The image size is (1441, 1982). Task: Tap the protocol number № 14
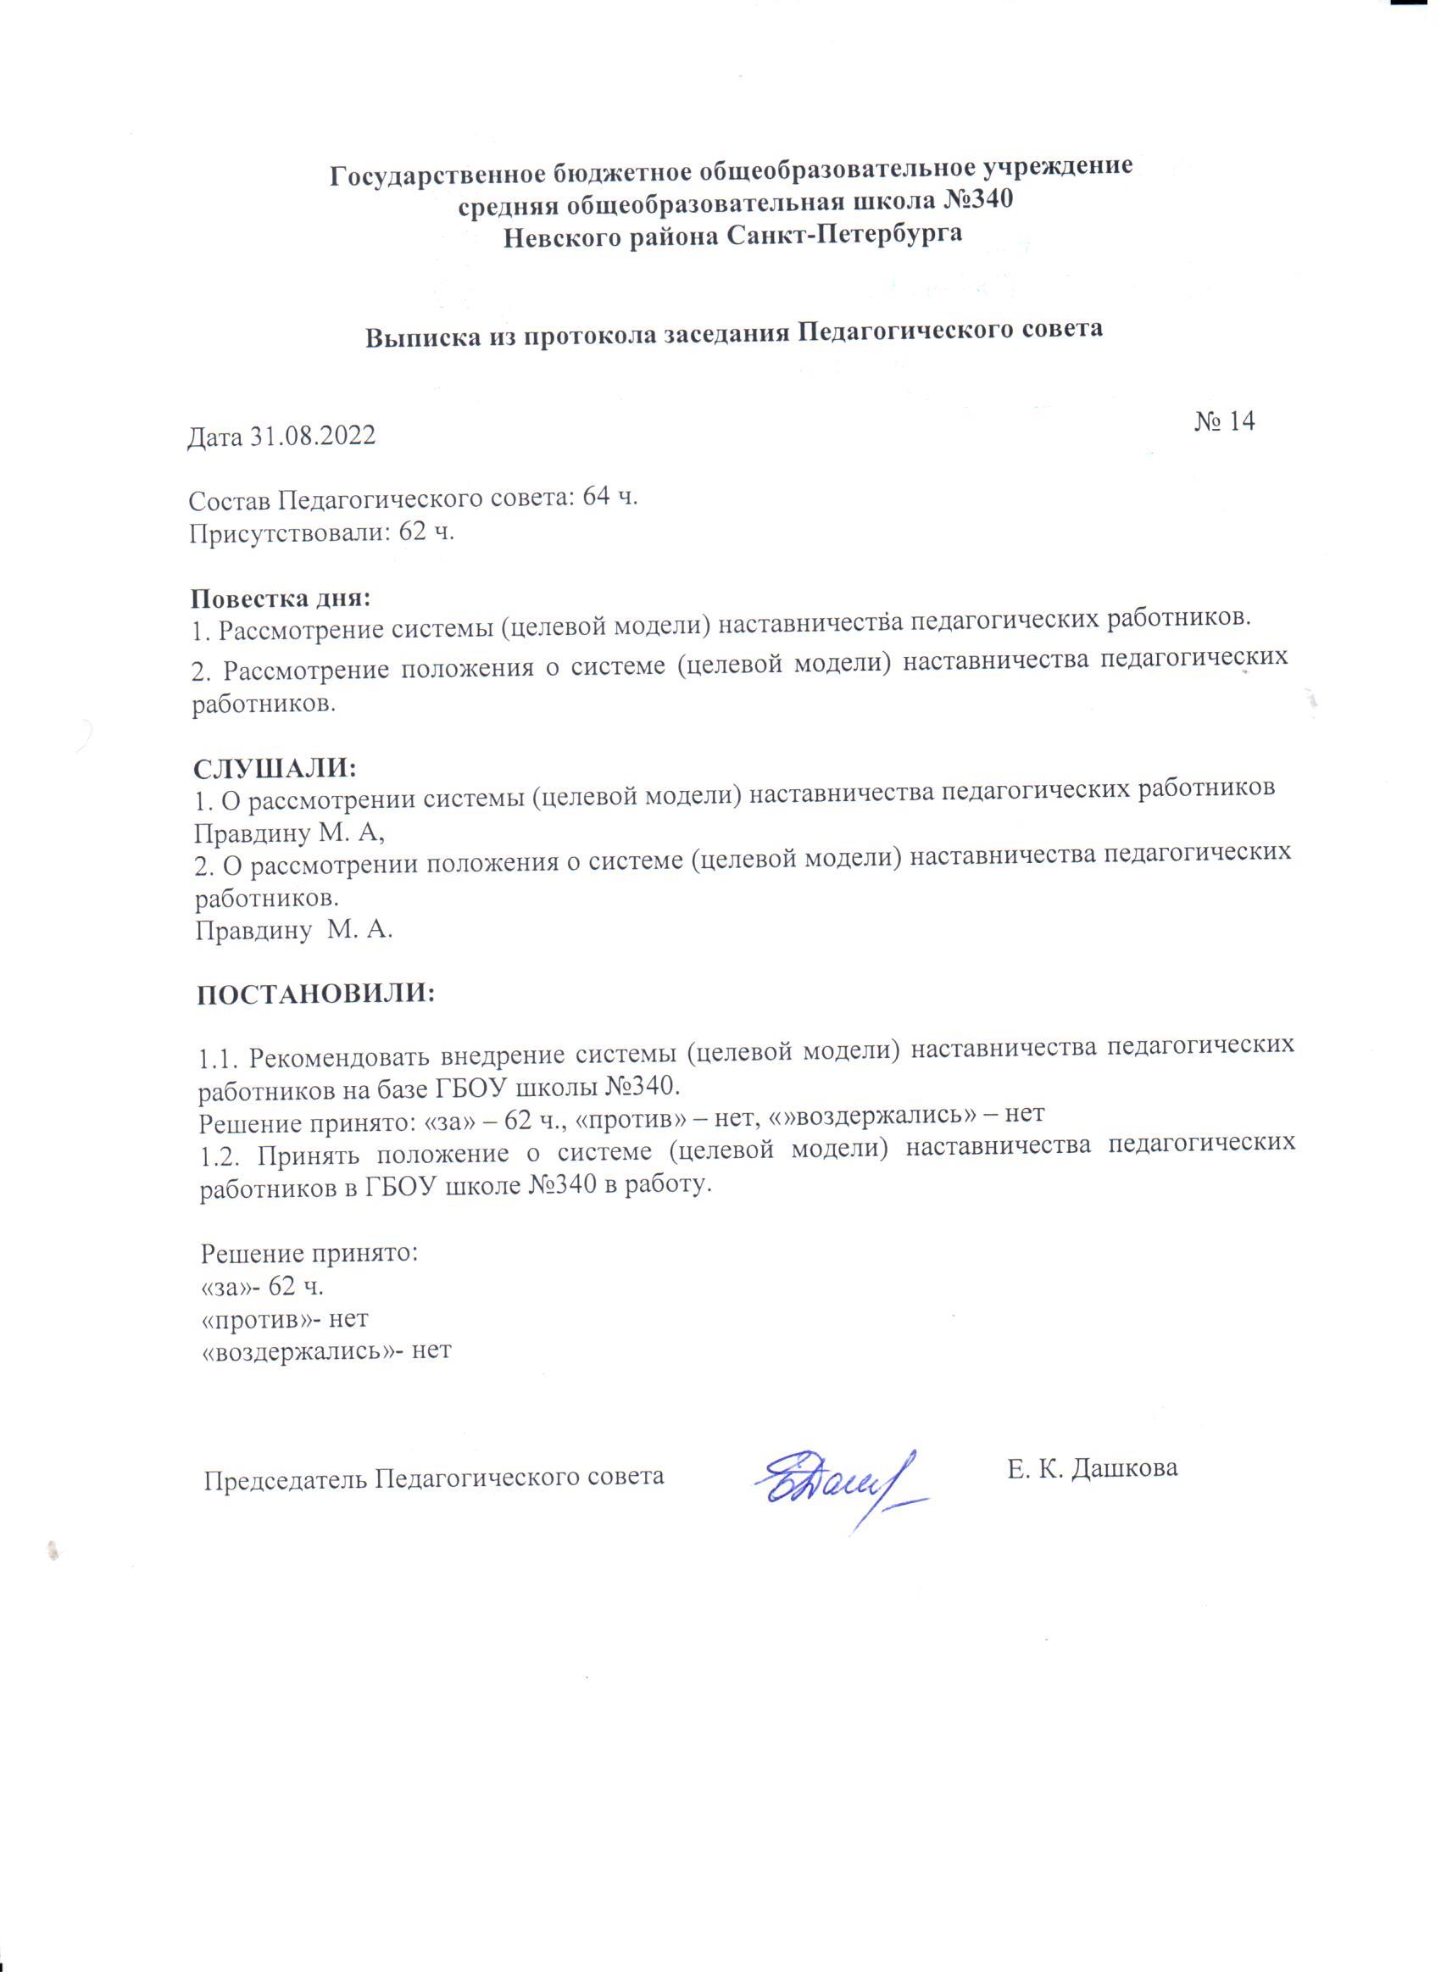coord(1222,421)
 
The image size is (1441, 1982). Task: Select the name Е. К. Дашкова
coord(1092,1467)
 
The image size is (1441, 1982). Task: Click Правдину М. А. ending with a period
coord(292,931)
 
